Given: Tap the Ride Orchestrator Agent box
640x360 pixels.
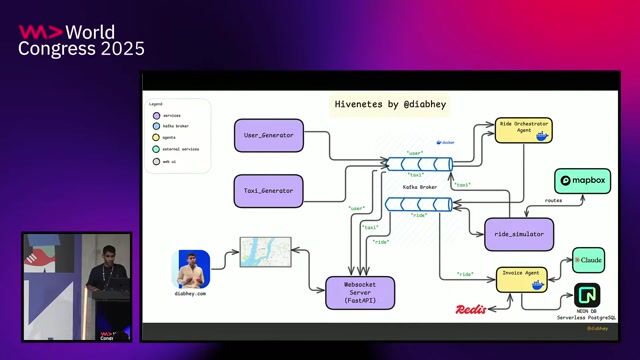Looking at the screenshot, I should [x=523, y=130].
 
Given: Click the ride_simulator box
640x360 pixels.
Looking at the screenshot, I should [x=518, y=234].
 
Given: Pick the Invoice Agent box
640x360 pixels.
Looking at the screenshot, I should [x=523, y=279].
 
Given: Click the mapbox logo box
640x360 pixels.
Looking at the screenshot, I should [x=583, y=181].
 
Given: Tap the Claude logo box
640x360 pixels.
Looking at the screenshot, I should [x=588, y=260].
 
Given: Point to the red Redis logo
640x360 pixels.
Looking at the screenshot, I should [x=471, y=310].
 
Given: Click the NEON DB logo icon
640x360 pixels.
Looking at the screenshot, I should [x=587, y=297].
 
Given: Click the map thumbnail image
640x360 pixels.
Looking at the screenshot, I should [x=265, y=254].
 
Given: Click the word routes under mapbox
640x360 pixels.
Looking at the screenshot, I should [x=553, y=200].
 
